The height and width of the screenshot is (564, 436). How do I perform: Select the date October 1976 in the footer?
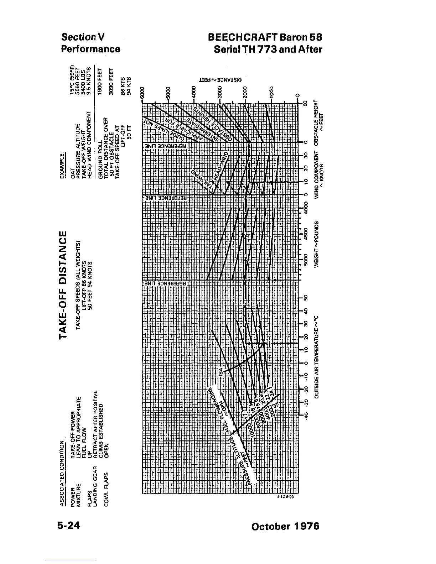click(285, 526)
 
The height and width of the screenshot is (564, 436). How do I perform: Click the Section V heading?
click(83, 37)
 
